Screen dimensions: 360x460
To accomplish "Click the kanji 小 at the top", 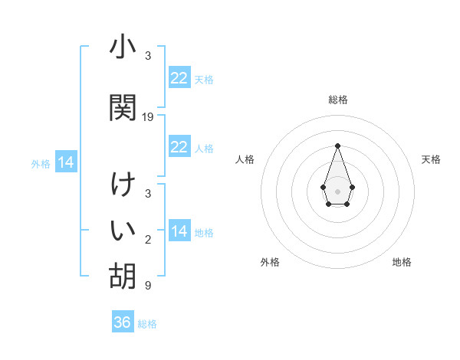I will coord(123,47).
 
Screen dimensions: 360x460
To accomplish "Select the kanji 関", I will coord(123,107).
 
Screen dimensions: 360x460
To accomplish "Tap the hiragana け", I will coord(123,186).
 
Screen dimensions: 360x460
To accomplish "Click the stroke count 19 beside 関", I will coord(148,117).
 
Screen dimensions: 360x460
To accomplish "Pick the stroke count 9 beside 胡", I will coord(148,286).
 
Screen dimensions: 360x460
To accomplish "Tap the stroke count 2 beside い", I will coord(148,240).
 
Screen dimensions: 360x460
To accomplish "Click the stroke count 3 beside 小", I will coord(148,56).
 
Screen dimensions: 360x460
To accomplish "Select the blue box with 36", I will coord(123,322).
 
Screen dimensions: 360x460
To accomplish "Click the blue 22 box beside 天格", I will coord(179,78).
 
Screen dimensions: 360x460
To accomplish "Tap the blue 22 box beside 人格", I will coord(179,147).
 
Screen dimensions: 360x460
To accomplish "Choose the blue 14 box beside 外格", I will coord(66,162).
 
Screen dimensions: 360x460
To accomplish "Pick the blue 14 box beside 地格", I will coord(179,231).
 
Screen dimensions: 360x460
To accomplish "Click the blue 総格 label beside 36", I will coord(147,324).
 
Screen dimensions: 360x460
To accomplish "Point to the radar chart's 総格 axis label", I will coord(338,100).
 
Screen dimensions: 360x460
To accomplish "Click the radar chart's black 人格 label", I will coord(245,159).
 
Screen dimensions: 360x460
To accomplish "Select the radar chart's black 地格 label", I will coord(402,262).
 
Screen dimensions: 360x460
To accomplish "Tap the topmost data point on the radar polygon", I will coord(337,146).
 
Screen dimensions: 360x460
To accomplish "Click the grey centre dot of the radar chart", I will coord(337,190).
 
